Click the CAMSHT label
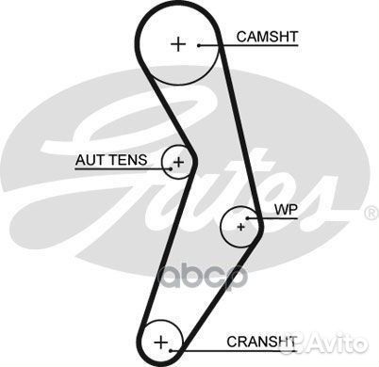[267, 37]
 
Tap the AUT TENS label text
[110, 160]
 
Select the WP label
[285, 209]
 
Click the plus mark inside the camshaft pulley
[179, 43]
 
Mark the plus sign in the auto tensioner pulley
[178, 162]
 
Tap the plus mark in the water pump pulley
[241, 226]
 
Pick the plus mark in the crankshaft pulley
[162, 340]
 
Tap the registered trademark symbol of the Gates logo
[369, 213]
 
